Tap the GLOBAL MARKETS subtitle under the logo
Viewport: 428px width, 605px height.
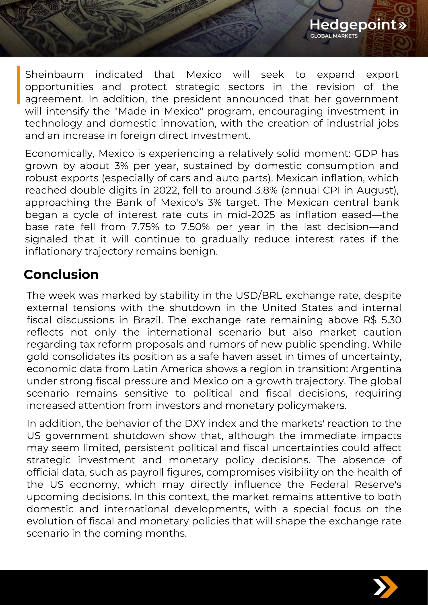(334, 36)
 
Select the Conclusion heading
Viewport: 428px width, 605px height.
(61, 275)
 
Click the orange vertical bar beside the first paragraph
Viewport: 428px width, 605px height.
(19, 85)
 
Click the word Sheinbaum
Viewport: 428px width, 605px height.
(54, 75)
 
